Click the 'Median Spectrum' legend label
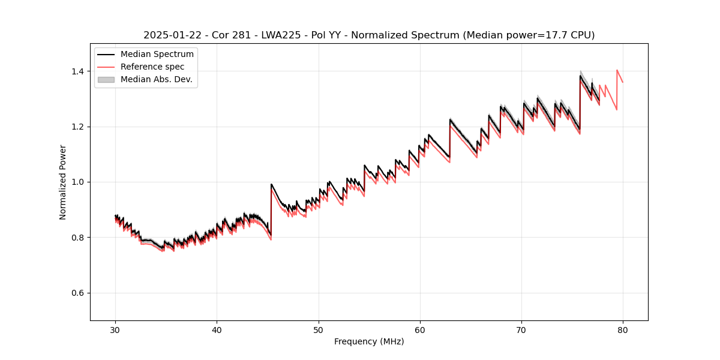tap(157, 55)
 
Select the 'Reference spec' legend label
tap(152, 67)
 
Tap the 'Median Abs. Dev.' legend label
tap(156, 79)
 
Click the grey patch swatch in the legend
tap(106, 79)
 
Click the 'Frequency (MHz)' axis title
tap(369, 341)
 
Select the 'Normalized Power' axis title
tap(63, 182)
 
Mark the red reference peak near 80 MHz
tap(617, 70)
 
